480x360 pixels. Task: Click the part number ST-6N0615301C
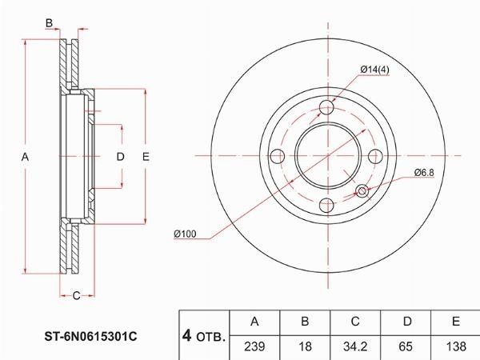tap(91, 337)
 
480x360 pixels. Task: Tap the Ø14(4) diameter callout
tap(374, 70)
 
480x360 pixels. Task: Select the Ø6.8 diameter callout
tap(424, 173)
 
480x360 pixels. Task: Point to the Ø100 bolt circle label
tap(185, 234)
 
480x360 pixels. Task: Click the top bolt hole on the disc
tap(327, 108)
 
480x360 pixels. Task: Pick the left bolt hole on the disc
tap(278, 156)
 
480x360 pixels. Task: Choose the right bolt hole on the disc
tap(375, 156)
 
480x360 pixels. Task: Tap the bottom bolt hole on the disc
tap(327, 205)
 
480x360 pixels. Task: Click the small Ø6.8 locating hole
tap(362, 191)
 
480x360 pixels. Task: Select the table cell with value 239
tap(254, 347)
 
